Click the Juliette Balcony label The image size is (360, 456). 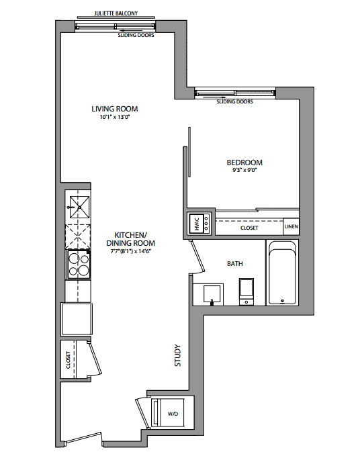pyautogui.click(x=116, y=13)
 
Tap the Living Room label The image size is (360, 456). pyautogui.click(x=115, y=109)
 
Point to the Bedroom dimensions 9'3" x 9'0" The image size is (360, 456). pyautogui.click(x=244, y=170)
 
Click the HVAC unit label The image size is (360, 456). pyautogui.click(x=197, y=224)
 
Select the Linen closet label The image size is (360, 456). pyautogui.click(x=291, y=226)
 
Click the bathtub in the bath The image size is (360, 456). pyautogui.click(x=282, y=273)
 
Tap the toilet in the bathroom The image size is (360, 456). pyautogui.click(x=246, y=291)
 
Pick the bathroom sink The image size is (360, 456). pyautogui.click(x=212, y=294)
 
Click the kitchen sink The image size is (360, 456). pyautogui.click(x=79, y=207)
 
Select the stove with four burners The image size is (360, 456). pyautogui.click(x=79, y=265)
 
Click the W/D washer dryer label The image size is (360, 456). pyautogui.click(x=173, y=414)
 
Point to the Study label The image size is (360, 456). pyautogui.click(x=177, y=355)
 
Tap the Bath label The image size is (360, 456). pyautogui.click(x=235, y=264)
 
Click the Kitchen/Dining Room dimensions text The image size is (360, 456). pyautogui.click(x=130, y=251)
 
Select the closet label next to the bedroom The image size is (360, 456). pyautogui.click(x=249, y=228)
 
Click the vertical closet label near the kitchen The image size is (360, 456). pyautogui.click(x=69, y=360)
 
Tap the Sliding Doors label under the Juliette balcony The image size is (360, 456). pyautogui.click(x=136, y=35)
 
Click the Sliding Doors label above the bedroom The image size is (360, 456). pyautogui.click(x=234, y=101)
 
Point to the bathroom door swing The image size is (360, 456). pyautogui.click(x=198, y=258)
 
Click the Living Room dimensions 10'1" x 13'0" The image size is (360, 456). pyautogui.click(x=115, y=117)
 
